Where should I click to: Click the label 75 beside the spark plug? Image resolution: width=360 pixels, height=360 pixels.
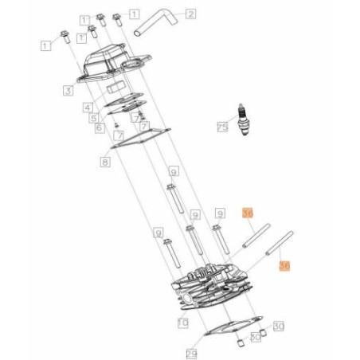point(223,125)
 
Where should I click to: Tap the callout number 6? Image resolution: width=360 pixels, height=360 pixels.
point(100,128)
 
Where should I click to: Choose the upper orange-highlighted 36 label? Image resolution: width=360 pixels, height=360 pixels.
point(248,213)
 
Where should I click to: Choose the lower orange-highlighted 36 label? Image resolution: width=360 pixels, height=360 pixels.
point(284,268)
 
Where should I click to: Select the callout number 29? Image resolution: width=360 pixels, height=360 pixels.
point(190,352)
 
